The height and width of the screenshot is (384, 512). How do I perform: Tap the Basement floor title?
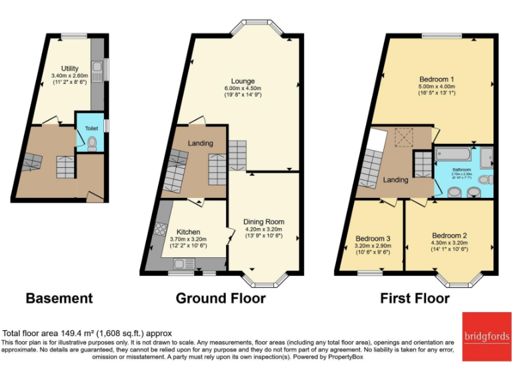tap(59, 298)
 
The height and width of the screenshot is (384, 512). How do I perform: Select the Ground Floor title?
tap(221, 298)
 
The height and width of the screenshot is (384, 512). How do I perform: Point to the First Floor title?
tap(415, 298)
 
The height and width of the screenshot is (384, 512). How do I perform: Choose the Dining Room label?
tap(265, 221)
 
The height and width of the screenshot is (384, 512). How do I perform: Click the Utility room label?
tap(69, 69)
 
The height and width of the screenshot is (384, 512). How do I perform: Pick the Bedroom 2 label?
tap(449, 235)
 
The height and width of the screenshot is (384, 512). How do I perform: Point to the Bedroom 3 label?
tap(373, 238)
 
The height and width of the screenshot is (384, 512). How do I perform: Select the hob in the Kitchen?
tap(161, 230)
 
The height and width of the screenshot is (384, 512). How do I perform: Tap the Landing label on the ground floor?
tap(200, 143)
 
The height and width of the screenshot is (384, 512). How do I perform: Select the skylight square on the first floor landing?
tap(402, 138)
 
